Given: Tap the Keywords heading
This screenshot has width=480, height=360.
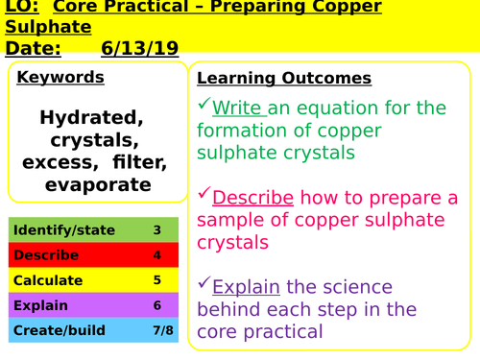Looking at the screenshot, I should [60, 77].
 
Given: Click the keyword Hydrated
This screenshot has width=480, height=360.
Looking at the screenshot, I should [92, 117].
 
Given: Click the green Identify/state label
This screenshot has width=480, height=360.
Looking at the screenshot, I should [64, 230].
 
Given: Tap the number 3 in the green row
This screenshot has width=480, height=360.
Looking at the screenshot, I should [156, 230].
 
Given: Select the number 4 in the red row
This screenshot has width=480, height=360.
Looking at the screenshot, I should [156, 255].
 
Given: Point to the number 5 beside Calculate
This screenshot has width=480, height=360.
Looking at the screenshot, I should [156, 280].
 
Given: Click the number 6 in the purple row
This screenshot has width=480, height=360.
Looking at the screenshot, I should [156, 305].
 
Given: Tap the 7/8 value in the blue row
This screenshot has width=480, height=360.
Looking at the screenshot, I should [156, 330].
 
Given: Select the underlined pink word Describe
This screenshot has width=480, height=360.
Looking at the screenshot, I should [252, 198].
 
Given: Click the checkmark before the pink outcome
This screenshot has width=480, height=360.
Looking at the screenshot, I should [204, 195].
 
